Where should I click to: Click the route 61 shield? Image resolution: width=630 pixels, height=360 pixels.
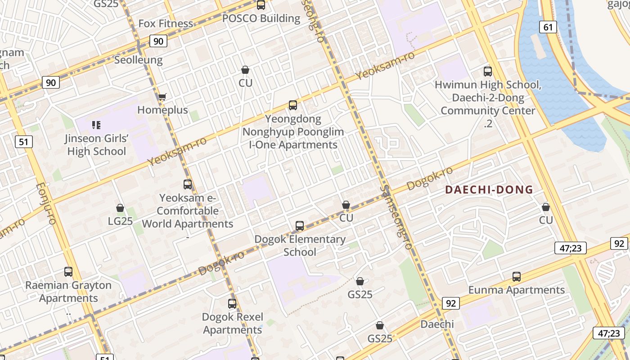548,27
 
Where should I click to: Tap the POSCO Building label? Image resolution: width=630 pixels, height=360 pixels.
261,18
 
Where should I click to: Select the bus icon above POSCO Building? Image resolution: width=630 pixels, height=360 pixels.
261,5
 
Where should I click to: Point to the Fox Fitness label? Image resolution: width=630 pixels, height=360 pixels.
166,23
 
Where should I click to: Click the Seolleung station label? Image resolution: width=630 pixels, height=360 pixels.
138,60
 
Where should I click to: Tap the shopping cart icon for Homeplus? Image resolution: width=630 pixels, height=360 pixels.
162,97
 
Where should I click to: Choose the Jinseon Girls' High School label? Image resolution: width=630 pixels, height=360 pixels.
96,144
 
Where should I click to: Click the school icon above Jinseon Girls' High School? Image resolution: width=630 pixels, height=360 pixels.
96,125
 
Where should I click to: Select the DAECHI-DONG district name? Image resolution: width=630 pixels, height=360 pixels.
489,190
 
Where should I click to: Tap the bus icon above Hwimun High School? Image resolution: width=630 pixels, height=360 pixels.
488,71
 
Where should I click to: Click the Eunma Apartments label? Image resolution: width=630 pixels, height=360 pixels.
516,290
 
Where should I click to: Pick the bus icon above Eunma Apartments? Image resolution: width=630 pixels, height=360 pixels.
517,277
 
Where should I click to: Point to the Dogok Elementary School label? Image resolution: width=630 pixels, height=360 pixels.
300,246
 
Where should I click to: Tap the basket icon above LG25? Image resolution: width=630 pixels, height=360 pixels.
120,208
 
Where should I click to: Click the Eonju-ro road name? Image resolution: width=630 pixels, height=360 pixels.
45,203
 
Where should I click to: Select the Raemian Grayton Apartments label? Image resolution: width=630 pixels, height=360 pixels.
68,292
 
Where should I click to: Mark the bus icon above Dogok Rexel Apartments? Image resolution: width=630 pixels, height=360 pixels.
232,304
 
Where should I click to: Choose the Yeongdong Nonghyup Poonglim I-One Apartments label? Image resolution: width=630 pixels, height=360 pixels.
293,132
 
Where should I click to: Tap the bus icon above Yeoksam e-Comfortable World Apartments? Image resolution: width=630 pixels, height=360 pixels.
188,184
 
